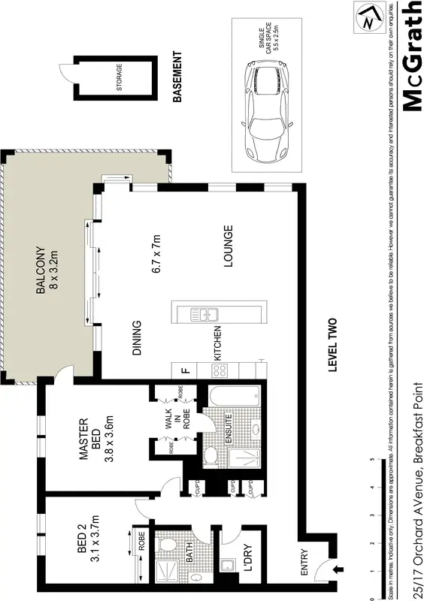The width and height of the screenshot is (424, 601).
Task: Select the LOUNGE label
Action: point(228,247)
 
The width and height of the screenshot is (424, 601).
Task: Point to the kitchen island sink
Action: point(204,316)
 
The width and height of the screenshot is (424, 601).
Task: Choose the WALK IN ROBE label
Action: point(169,429)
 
